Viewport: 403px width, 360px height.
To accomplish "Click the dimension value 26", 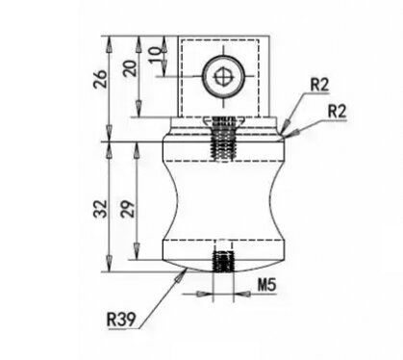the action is point(99,79).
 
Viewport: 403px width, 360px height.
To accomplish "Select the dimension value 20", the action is point(130,68).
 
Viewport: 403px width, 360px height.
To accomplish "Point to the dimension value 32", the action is point(100,209).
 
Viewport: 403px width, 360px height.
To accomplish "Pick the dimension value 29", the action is point(128,209).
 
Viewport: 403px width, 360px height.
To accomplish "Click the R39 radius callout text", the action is point(121,320).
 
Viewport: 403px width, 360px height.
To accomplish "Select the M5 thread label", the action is point(266,285).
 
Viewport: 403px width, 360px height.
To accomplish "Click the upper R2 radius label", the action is point(319,85).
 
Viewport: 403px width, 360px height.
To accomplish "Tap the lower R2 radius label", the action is point(338,112).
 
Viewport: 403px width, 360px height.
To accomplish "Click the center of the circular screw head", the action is point(223,77).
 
